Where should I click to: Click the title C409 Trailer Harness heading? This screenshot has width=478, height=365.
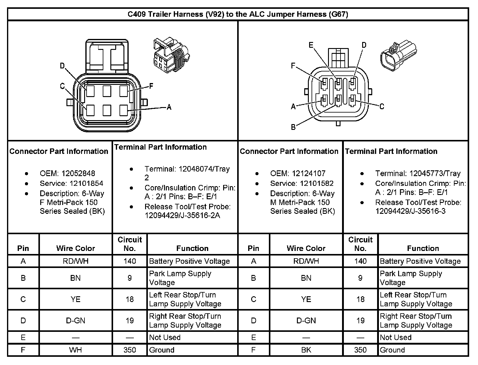click(x=238, y=14)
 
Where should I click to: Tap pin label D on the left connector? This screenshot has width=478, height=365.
click(x=62, y=66)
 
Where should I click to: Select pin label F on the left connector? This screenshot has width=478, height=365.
click(x=151, y=86)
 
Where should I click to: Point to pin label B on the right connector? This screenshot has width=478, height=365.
click(x=293, y=127)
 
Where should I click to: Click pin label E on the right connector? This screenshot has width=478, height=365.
click(x=311, y=45)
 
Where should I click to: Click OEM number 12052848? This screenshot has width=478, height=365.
click(x=78, y=173)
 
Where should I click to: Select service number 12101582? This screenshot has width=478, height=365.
click(x=317, y=183)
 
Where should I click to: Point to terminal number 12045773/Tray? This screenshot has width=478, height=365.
click(x=435, y=173)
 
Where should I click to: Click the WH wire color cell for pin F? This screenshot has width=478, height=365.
click(x=76, y=350)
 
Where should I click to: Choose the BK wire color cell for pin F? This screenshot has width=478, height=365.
click(x=306, y=350)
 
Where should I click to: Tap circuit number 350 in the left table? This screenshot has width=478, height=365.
click(x=130, y=350)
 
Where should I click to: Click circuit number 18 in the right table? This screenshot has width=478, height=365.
click(x=360, y=299)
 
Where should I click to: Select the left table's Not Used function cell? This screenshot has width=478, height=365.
click(x=165, y=337)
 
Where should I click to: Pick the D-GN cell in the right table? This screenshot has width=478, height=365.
click(x=306, y=321)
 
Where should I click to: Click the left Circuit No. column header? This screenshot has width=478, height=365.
click(x=130, y=244)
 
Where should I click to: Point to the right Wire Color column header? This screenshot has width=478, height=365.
click(x=306, y=248)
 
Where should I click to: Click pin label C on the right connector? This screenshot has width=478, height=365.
click(x=382, y=106)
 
